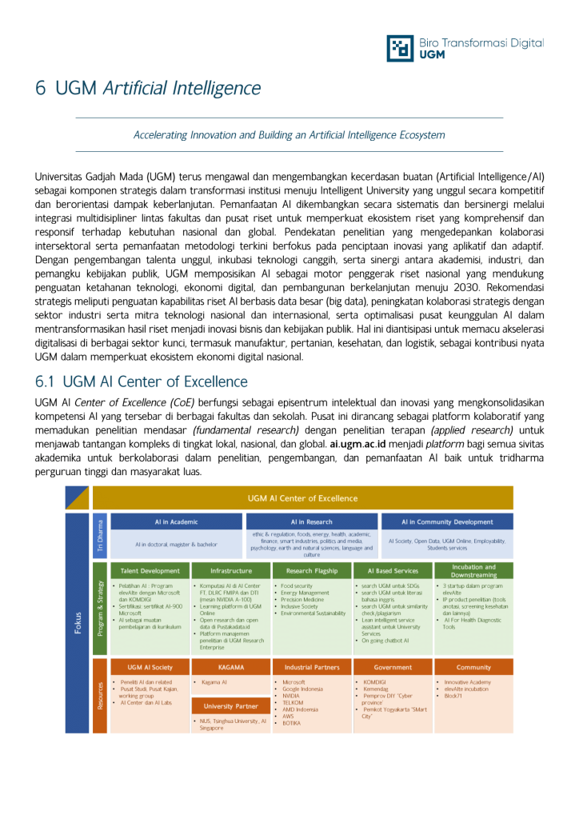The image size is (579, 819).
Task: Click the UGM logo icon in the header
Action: (400, 48)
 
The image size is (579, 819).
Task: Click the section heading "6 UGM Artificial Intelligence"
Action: (148, 88)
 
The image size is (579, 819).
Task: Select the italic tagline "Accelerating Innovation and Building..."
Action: (289, 135)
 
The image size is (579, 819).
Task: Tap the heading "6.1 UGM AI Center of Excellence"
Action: (142, 382)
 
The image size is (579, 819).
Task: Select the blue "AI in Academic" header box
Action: (176, 521)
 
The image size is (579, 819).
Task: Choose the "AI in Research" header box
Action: (312, 521)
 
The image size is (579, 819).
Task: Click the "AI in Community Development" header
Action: (447, 521)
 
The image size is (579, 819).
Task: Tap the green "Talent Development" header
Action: (150, 571)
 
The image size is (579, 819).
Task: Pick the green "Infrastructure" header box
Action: (231, 571)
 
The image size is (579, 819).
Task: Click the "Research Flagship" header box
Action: (312, 571)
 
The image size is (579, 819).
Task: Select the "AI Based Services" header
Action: (393, 571)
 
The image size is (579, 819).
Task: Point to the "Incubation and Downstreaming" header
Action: (473, 571)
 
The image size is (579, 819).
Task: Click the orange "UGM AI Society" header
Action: (150, 667)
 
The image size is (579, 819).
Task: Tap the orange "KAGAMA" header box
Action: (231, 667)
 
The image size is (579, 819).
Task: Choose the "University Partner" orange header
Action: (231, 706)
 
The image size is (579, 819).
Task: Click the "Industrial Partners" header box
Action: (312, 667)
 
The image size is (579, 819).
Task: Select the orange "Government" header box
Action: (393, 667)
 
